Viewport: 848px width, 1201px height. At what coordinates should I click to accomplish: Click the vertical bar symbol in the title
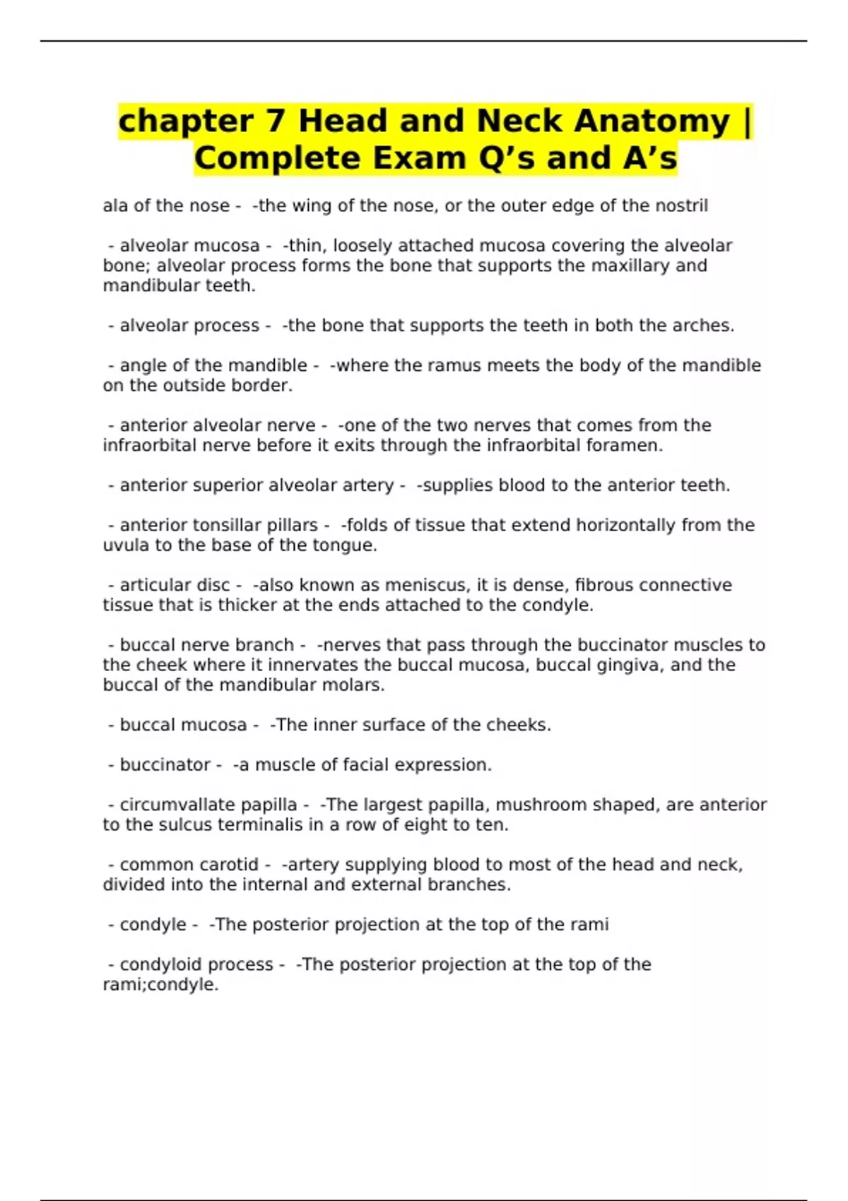pos(748,121)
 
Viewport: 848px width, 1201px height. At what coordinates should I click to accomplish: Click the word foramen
pos(630,445)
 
